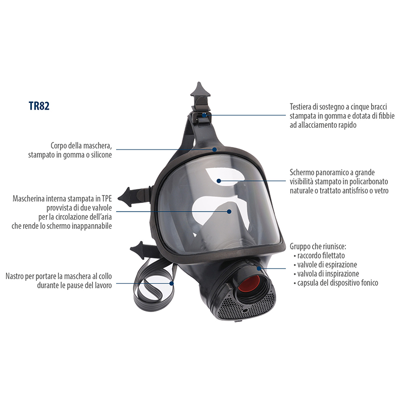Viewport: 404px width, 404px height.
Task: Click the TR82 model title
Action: [39, 106]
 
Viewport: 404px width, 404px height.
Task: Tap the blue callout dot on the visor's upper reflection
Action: [219, 181]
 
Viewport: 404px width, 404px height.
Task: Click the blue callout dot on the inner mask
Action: [229, 212]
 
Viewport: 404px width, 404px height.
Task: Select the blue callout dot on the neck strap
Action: [172, 283]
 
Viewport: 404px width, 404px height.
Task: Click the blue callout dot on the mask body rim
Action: [215, 149]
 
